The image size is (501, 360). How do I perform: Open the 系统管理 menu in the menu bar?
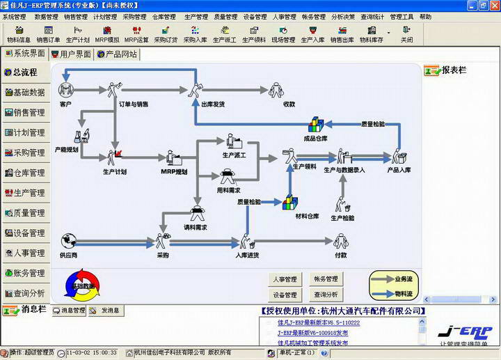click(15, 16)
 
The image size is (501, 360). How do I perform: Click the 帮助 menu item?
click(425, 16)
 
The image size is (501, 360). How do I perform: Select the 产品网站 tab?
click(117, 54)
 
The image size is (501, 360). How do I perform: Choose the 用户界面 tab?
click(71, 54)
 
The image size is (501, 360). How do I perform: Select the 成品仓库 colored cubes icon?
click(316, 125)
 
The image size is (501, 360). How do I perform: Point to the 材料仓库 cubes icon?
click(289, 203)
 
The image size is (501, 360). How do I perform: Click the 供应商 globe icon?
click(67, 241)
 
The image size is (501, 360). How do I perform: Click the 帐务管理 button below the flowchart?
click(325, 279)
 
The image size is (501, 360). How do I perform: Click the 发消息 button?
click(106, 311)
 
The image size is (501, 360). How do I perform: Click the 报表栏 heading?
click(453, 70)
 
